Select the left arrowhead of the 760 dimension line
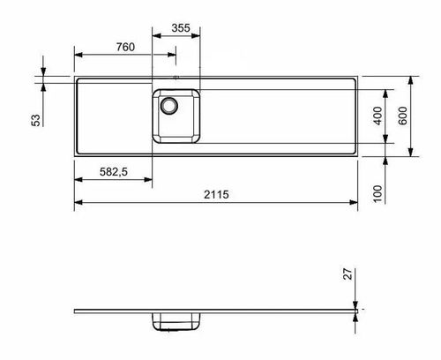(x=77, y=57)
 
